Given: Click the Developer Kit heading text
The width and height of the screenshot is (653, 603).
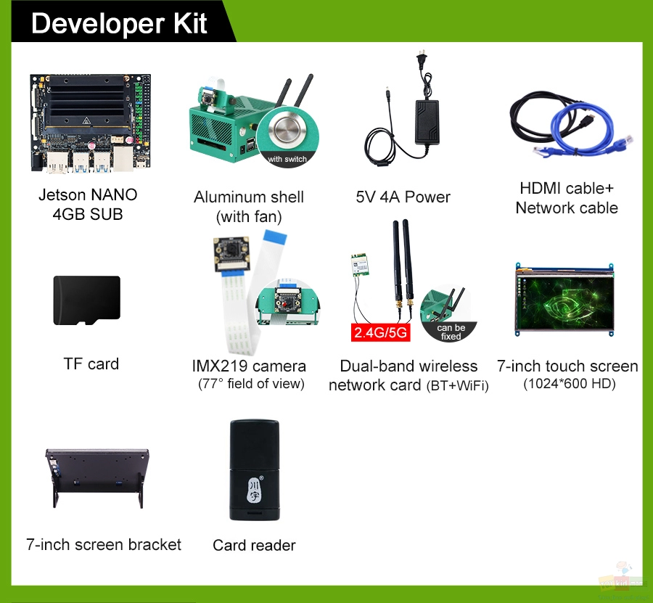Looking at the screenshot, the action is point(119,23).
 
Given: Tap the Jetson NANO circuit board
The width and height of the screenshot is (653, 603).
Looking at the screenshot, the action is point(90,123).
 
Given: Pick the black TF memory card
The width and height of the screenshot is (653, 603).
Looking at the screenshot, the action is point(86,300).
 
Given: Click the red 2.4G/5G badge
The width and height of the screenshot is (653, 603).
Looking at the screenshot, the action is point(381,332).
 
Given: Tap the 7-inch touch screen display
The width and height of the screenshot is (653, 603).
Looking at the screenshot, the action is point(564,300).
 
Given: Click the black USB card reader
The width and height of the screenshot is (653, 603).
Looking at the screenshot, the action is point(255,470).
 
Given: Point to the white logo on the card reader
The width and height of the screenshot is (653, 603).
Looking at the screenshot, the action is point(255,489).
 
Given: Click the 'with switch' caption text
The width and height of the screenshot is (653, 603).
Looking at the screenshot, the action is point(287,159).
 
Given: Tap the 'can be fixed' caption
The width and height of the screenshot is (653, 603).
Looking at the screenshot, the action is point(451,332).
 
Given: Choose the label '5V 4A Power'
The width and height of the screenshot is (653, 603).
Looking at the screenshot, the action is point(403,197).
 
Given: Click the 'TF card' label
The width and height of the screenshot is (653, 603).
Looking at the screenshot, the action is point(91,364).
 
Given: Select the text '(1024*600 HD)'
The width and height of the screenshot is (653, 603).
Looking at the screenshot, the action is point(570,383).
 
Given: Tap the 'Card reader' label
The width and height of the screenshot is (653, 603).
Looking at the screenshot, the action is point(254,545).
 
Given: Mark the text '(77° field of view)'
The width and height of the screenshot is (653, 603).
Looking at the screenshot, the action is point(251,384).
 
